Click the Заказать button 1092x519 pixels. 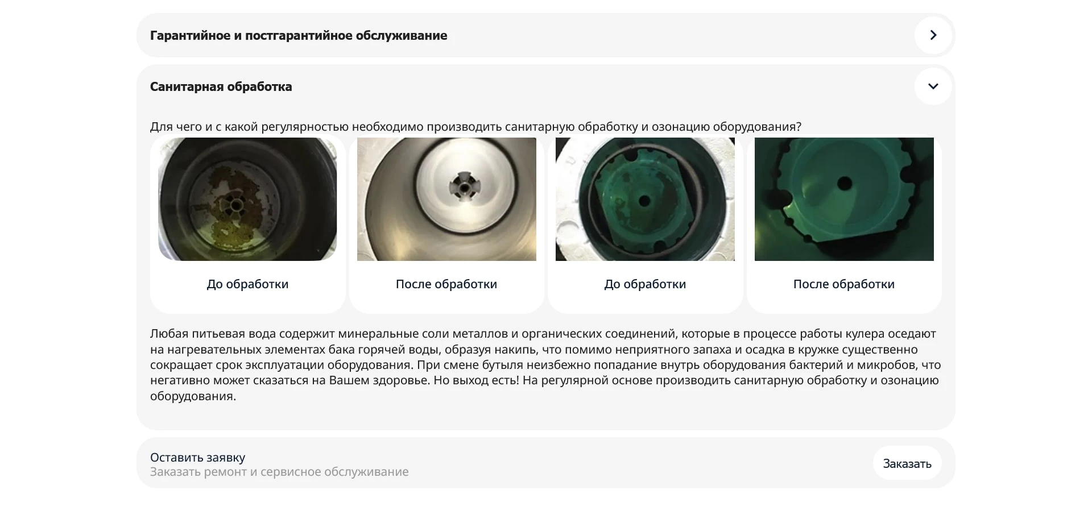(907, 463)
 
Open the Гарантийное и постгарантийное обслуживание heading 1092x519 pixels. (298, 35)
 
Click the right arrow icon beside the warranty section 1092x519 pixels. (933, 35)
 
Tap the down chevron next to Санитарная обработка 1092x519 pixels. (933, 86)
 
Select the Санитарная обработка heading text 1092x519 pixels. (221, 86)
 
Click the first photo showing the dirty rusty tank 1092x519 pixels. (247, 199)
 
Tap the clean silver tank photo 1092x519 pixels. (446, 199)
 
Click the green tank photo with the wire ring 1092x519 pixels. (645, 199)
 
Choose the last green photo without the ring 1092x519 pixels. (844, 199)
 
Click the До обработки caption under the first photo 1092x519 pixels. (247, 284)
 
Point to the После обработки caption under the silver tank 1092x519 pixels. (446, 284)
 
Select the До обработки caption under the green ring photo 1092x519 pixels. (645, 284)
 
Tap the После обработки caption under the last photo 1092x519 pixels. (844, 284)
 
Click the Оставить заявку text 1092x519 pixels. (197, 457)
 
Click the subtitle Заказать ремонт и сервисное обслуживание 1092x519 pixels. (279, 472)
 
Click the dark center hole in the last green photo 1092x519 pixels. (845, 184)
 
